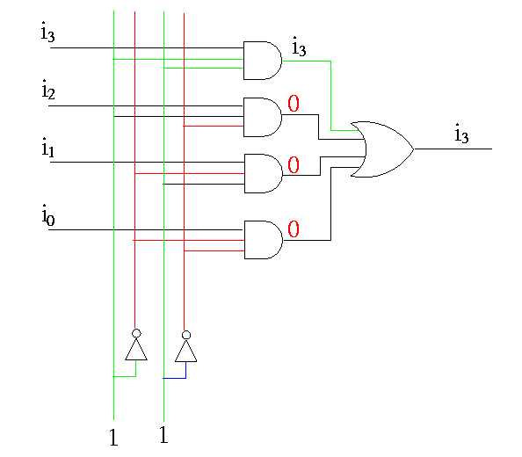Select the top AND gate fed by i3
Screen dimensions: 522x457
[263, 61]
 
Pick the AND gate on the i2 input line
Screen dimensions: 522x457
[263, 117]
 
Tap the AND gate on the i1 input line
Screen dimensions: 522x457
[263, 173]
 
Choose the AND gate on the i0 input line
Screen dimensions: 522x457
[263, 240]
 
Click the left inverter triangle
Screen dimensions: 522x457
[136, 350]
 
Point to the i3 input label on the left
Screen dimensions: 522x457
[47, 32]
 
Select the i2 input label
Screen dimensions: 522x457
[48, 90]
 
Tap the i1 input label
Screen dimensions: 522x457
[47, 148]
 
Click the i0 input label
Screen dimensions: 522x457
[48, 215]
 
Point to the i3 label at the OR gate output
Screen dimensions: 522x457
[461, 133]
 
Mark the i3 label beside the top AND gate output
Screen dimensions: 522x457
[299, 47]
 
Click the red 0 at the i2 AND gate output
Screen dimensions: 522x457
[294, 103]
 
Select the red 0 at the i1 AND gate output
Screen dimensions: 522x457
[294, 164]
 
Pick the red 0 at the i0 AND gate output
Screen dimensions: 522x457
[294, 229]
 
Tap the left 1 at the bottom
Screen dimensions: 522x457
[113, 437]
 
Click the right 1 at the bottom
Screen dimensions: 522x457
[163, 434]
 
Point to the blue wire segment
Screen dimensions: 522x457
[180, 378]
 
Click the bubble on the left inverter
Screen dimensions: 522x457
[136, 333]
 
